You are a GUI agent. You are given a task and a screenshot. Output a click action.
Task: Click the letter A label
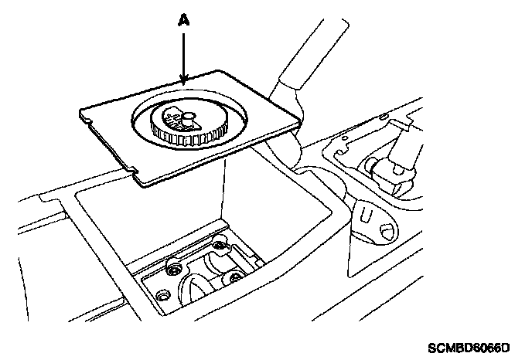(183, 22)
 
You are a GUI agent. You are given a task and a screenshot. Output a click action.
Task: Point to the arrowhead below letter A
(183, 78)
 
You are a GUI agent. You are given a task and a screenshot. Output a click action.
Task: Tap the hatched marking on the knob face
(172, 118)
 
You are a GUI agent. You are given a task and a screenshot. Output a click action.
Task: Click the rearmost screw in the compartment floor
(222, 247)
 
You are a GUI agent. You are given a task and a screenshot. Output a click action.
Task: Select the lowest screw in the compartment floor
(162, 296)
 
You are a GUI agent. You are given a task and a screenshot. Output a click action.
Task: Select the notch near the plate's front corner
(134, 165)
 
